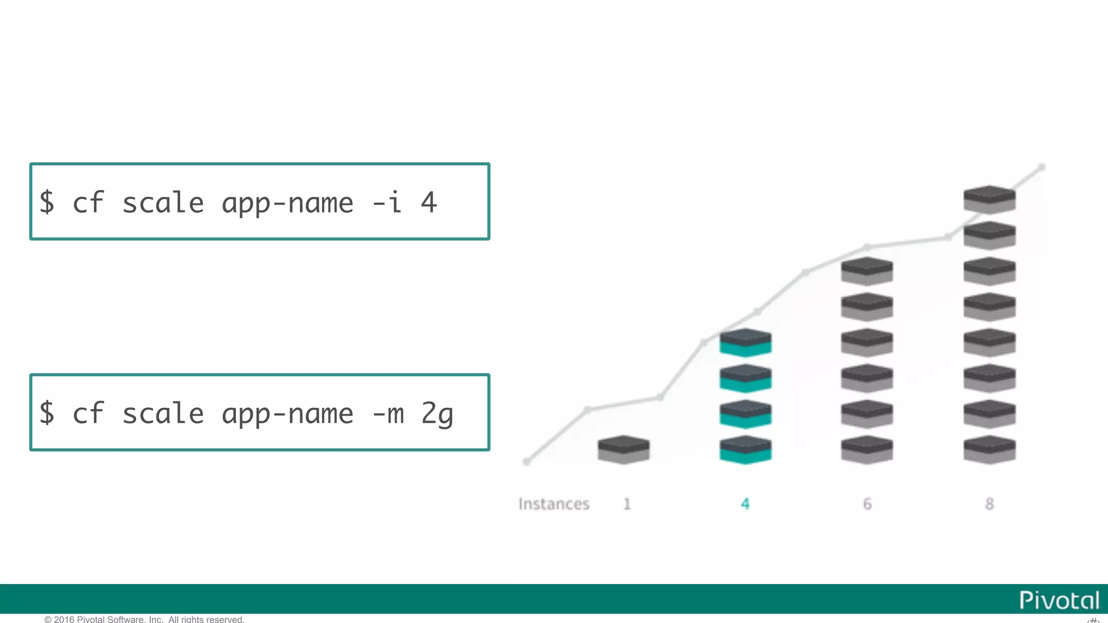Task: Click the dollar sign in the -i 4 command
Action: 47,202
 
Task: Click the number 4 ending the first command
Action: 429,202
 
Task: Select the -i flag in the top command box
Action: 387,202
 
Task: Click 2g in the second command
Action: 437,414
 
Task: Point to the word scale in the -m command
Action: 163,414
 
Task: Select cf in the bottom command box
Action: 88,414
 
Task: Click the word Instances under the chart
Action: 553,504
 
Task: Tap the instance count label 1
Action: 627,504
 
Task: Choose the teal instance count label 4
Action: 745,504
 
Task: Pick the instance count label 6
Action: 867,504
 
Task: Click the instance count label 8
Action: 990,504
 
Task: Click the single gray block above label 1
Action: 623,449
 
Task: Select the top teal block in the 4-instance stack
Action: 746,342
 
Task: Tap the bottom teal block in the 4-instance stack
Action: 746,449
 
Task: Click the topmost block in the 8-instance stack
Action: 990,200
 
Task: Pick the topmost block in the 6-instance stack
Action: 867,271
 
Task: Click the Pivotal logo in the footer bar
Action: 1059,600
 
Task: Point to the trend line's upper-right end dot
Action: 1041,167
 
